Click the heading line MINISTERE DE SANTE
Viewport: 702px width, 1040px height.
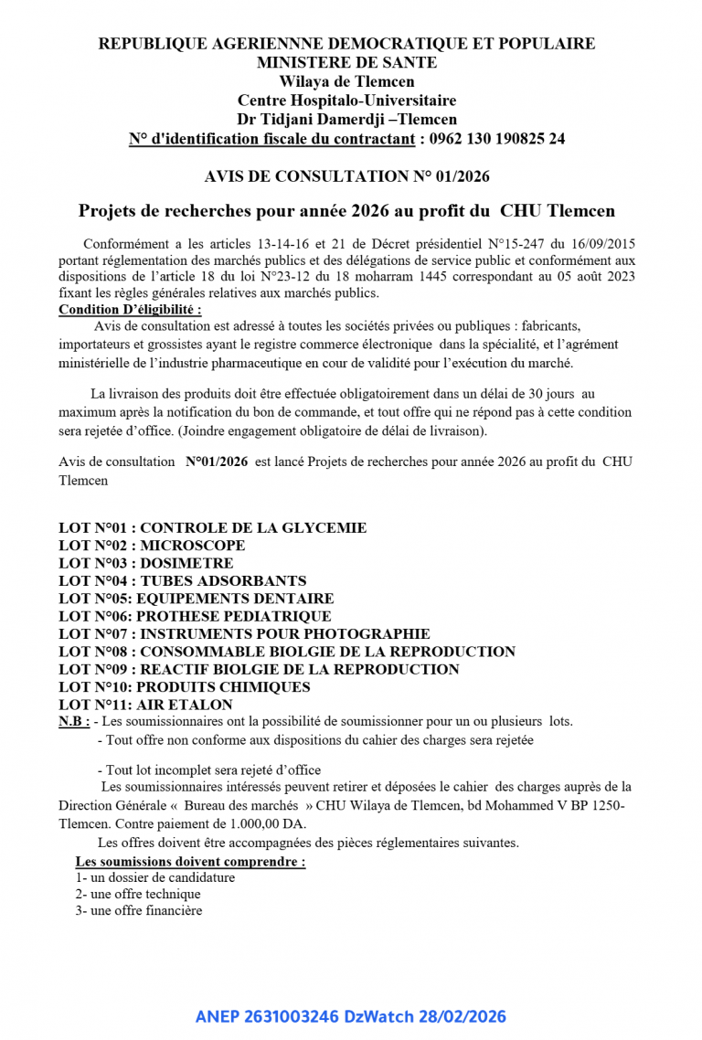[346, 62]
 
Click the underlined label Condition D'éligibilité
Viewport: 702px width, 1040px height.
[130, 309]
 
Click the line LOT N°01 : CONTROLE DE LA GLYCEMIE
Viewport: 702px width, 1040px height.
[212, 527]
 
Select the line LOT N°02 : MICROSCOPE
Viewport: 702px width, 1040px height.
[152, 546]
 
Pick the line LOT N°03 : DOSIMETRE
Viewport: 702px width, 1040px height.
[145, 563]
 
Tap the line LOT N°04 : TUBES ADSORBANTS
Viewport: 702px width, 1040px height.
[182, 580]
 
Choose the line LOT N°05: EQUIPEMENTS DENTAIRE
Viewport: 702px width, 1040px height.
[196, 599]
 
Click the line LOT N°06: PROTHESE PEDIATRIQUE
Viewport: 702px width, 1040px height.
[195, 616]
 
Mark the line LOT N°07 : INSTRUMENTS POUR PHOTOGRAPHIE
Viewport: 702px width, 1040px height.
[244, 633]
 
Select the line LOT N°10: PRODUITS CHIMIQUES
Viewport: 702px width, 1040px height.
[184, 686]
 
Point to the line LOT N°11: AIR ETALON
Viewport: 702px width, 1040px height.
[145, 705]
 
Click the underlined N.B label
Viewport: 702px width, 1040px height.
[73, 721]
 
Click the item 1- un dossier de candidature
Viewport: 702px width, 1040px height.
[155, 877]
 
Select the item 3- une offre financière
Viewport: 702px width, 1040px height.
[139, 910]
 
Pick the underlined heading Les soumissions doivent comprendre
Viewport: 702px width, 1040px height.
[190, 861]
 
